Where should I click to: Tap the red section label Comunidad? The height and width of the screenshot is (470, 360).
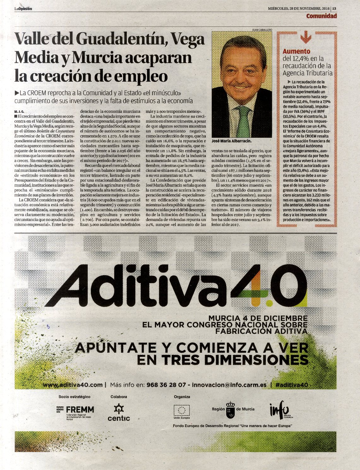click(321, 16)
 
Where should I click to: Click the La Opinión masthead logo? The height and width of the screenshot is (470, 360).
click(23, 9)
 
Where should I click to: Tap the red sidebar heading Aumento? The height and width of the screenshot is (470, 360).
click(296, 51)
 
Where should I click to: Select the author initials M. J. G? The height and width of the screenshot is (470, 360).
click(19, 112)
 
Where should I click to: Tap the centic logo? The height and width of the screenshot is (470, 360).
click(119, 413)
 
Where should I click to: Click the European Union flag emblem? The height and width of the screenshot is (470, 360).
click(181, 410)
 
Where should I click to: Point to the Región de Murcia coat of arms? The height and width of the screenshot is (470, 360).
click(231, 410)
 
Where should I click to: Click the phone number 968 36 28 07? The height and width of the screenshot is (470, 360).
click(166, 385)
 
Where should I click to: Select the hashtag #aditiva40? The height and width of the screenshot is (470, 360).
click(291, 385)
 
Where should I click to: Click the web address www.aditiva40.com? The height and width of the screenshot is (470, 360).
click(73, 385)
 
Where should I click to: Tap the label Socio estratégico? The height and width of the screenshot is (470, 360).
click(74, 397)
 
